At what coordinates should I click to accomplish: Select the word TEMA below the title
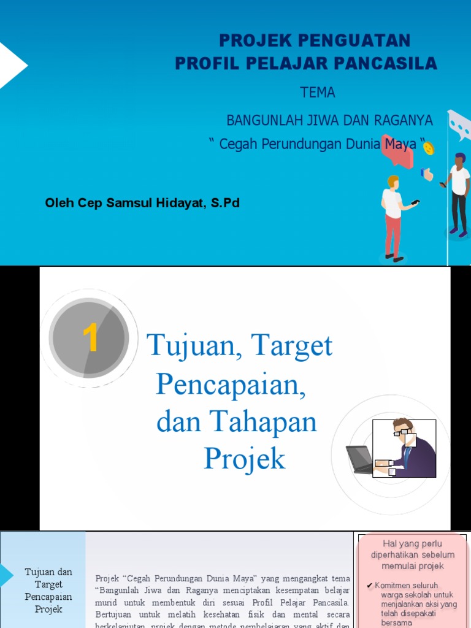tap(317, 93)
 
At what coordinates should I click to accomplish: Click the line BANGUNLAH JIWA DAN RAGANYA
tap(329, 120)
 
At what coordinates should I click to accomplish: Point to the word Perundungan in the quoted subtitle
tap(304, 144)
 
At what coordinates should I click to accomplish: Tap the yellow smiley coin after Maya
tap(429, 148)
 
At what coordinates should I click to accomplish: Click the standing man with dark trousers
tap(459, 193)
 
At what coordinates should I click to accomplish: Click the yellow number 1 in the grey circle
tap(90, 339)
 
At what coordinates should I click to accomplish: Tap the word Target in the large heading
tap(291, 347)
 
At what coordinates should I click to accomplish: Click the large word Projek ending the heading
tap(244, 458)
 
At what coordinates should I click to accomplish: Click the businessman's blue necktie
tap(407, 457)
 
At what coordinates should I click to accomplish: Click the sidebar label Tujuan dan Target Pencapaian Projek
tap(48, 591)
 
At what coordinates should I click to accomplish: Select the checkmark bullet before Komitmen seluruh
tap(369, 586)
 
